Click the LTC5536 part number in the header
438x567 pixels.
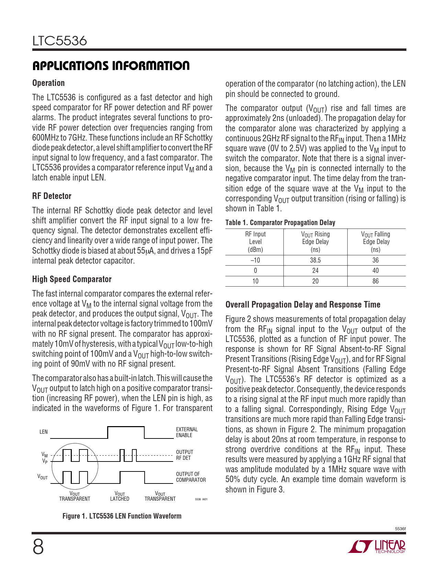(x=60, y=41)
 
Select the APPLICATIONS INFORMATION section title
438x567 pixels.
(x=111, y=66)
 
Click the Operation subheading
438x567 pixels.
(x=48, y=83)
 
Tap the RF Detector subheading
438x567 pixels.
(x=52, y=196)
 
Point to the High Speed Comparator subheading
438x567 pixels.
(x=72, y=279)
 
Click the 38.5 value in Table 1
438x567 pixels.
(x=315, y=260)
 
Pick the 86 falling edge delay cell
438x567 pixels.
(x=375, y=281)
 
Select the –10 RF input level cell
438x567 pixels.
(x=255, y=260)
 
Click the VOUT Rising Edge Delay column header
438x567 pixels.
(x=315, y=242)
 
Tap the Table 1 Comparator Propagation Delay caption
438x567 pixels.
(x=280, y=223)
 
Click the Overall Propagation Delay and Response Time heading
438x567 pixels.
(x=303, y=305)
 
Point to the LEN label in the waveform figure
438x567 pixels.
(x=44, y=432)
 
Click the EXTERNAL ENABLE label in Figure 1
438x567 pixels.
(x=187, y=432)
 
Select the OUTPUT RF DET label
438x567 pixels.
(x=184, y=455)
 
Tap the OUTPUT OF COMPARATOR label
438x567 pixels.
(x=191, y=477)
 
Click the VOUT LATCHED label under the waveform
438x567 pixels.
(x=120, y=497)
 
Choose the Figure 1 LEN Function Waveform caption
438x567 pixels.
(x=122, y=516)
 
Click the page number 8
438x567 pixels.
(x=38, y=547)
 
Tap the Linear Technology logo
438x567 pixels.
(x=377, y=547)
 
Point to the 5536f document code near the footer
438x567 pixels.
(x=400, y=529)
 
